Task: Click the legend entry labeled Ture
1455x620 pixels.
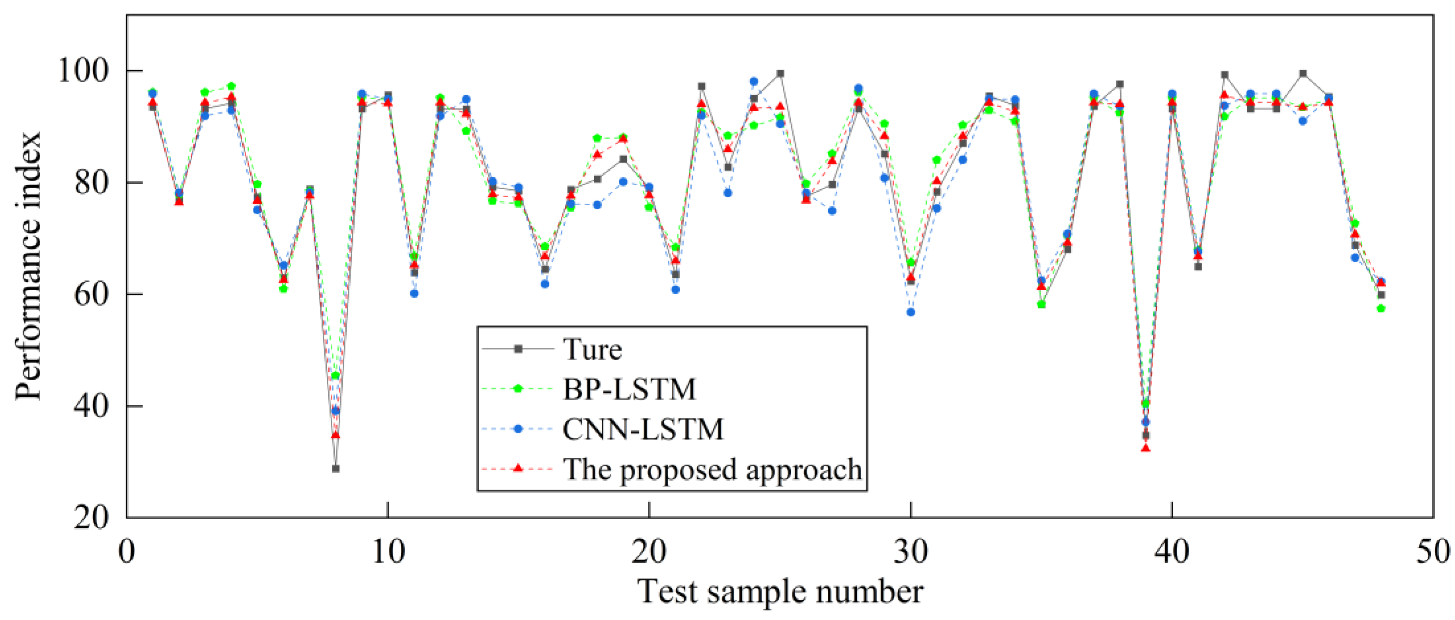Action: click(592, 349)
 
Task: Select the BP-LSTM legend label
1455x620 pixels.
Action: click(629, 389)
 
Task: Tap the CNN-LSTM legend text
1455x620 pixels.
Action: click(643, 429)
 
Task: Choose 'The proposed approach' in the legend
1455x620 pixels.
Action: click(712, 469)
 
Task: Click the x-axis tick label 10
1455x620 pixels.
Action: click(388, 551)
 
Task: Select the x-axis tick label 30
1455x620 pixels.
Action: click(911, 551)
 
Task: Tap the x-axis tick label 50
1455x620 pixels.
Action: click(1432, 551)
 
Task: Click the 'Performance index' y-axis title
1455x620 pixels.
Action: click(28, 265)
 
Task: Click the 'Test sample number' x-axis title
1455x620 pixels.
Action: click(780, 592)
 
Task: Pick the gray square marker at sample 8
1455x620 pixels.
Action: click(336, 469)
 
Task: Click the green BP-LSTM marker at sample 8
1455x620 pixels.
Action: click(336, 375)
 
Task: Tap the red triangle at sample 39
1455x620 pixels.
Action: click(1145, 448)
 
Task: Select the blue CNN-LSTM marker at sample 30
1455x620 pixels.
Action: click(911, 312)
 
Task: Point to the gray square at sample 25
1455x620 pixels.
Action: click(780, 74)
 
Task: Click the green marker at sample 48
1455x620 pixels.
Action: click(1381, 308)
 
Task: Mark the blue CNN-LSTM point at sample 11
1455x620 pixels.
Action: click(414, 293)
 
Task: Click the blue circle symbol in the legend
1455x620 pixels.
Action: click(518, 429)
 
